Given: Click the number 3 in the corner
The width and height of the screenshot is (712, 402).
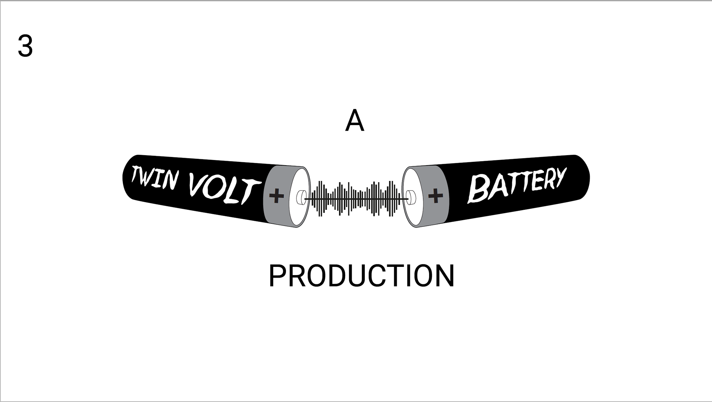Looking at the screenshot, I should click(x=25, y=46).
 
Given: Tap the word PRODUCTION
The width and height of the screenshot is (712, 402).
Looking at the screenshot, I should click(x=361, y=276).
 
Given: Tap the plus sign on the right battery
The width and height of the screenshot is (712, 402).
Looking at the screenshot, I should click(x=435, y=195).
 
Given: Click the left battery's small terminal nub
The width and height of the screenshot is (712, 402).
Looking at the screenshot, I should click(x=300, y=197).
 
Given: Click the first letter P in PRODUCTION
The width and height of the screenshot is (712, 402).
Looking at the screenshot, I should click(x=277, y=276).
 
